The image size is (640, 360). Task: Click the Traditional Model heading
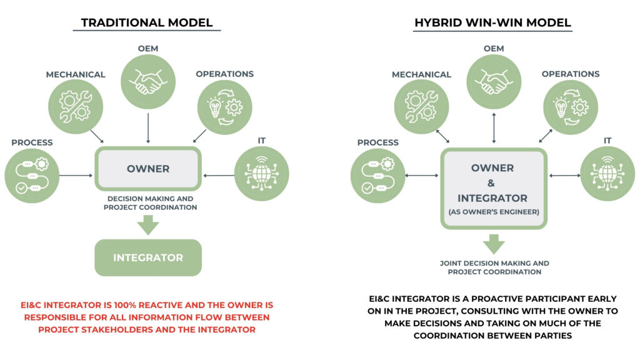[x=147, y=22]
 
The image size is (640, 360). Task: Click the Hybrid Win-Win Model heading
[x=492, y=22]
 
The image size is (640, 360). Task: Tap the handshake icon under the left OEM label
[x=148, y=82]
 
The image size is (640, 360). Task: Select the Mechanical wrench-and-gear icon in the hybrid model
[x=422, y=107]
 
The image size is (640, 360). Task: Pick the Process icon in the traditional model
[x=32, y=176]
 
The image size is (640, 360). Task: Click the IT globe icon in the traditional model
[x=262, y=174]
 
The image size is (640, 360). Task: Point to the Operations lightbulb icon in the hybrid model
[x=571, y=107]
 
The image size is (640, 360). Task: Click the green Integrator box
[x=148, y=257]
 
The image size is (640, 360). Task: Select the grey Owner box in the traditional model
[x=148, y=169]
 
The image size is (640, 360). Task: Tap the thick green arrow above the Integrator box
[x=148, y=224]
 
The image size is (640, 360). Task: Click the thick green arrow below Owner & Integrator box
[x=494, y=244]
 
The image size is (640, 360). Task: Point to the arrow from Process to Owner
[x=76, y=176]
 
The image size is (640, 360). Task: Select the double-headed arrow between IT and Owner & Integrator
[x=564, y=176]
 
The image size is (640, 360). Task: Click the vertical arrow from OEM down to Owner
[x=148, y=128]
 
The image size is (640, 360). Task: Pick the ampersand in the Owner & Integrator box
[x=491, y=183]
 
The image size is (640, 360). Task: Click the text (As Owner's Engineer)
[x=494, y=212]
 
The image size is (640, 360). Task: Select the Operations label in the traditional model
[x=224, y=74]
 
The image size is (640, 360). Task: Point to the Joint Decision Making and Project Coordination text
[x=494, y=267]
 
